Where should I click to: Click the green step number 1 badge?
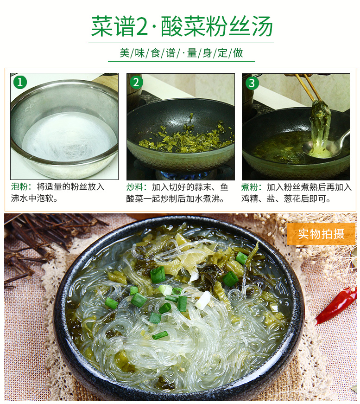point(20,82)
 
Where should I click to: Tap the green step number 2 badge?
point(136,83)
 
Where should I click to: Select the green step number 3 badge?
point(252,83)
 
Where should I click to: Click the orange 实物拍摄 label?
point(321,234)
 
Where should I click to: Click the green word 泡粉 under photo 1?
point(19,187)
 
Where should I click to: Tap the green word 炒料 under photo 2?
point(134,187)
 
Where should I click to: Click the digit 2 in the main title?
point(142,26)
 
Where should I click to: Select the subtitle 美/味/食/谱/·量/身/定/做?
point(181,53)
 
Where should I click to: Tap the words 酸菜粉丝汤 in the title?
point(217,26)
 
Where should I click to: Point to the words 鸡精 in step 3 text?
point(250,199)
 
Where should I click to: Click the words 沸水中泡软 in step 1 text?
point(32,198)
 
